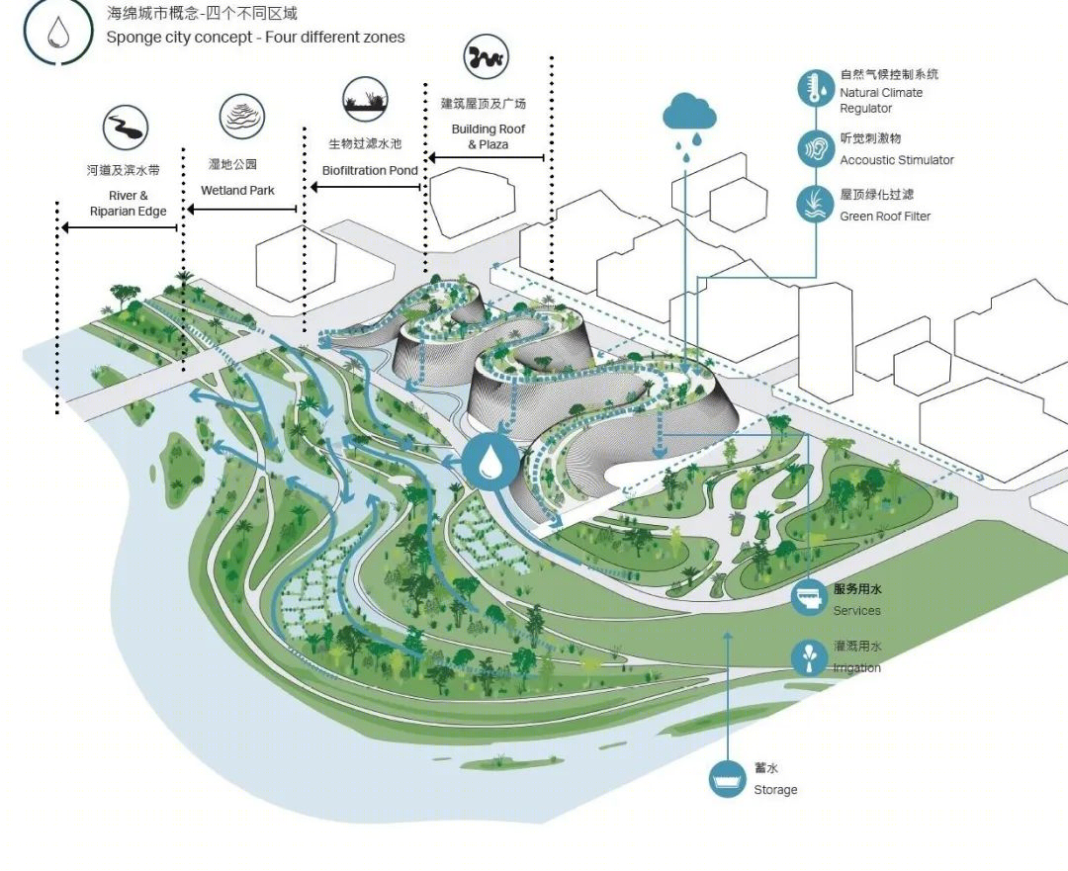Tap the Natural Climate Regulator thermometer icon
coord(816,89)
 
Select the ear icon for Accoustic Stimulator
coord(816,147)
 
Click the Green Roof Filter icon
coord(816,204)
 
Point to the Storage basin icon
coord(727,778)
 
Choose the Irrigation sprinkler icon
coord(809,657)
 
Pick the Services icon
coord(809,597)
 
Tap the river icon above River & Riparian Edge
coord(126,128)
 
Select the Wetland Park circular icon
coord(242,117)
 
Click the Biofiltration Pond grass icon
coord(365,100)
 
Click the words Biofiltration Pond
coord(370,170)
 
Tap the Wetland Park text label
coord(237,191)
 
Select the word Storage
coord(775,790)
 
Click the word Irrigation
coord(856,668)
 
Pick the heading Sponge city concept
coord(179,37)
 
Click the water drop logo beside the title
coord(58,32)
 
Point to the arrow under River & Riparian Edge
coord(120,227)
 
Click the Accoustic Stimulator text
coord(896,160)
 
